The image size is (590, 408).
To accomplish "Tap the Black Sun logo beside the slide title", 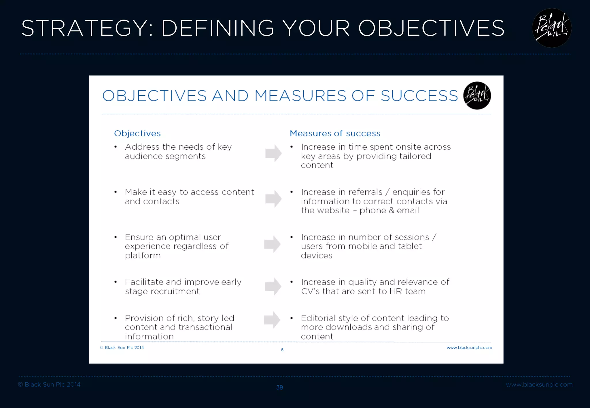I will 551,28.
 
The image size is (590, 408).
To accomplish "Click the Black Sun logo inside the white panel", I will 477,96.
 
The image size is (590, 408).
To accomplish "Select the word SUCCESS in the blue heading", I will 419,96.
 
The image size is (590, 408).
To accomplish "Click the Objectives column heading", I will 137,134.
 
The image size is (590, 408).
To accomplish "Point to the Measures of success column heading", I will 335,134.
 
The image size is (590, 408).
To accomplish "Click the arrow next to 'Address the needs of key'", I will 273,153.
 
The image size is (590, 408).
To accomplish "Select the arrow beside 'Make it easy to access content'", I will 273,199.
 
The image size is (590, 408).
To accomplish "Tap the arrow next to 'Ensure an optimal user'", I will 273,244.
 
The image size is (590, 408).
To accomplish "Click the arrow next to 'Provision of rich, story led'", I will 272,320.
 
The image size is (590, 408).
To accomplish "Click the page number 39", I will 279,387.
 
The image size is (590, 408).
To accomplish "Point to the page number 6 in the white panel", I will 282,350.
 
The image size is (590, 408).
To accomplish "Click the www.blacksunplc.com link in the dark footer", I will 539,385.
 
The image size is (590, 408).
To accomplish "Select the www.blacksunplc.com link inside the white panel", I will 469,348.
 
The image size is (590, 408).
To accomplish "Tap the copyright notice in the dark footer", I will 49,385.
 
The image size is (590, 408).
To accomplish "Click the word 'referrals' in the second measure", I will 366,192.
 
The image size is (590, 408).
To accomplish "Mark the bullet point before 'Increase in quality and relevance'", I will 292,282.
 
